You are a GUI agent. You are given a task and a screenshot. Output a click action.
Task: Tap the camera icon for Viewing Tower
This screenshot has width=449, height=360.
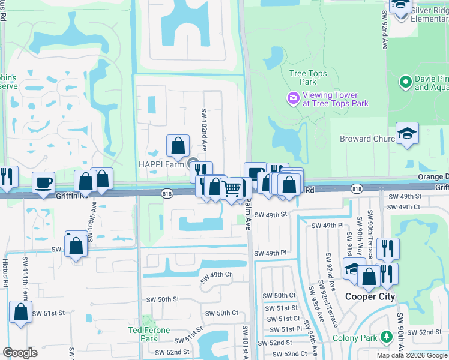point(294,98)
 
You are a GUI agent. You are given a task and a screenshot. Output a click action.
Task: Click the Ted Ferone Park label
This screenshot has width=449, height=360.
point(149,334)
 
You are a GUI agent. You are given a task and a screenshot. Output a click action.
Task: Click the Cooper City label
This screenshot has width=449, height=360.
point(370,296)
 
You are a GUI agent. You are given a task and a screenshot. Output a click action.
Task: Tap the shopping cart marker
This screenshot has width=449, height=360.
point(231,189)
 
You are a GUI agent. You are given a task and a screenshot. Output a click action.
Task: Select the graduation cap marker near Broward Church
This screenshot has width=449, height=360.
point(407,133)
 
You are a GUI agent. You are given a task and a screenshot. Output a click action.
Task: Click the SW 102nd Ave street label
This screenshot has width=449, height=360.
point(204,128)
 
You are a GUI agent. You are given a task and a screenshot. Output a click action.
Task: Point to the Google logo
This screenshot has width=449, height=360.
point(20,352)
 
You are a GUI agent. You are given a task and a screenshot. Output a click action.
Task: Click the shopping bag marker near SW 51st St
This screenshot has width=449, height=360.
point(21,312)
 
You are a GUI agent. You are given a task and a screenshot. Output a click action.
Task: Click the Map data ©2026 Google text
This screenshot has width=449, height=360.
point(411,355)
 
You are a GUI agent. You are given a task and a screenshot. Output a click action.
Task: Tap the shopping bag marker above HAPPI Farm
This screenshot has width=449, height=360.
point(178,145)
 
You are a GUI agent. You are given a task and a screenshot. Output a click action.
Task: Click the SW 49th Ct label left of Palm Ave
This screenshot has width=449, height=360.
point(216,275)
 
